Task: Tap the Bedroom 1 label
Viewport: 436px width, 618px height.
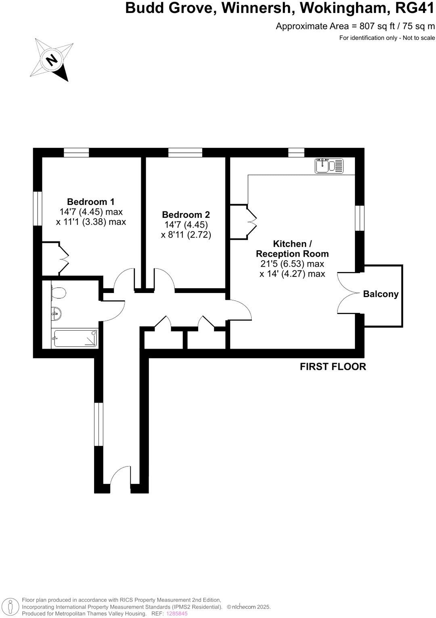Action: click(x=91, y=202)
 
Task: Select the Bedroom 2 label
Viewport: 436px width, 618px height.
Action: click(x=186, y=215)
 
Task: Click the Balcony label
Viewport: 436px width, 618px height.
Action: click(x=381, y=294)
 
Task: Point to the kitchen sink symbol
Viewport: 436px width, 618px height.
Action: click(x=329, y=166)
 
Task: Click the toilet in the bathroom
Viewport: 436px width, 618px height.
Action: click(x=58, y=293)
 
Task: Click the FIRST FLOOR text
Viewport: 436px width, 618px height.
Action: click(x=333, y=367)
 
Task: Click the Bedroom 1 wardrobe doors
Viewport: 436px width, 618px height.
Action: click(x=64, y=259)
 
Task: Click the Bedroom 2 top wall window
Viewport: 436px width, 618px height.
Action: click(x=185, y=152)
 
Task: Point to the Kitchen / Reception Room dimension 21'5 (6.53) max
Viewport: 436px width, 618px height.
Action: click(x=292, y=264)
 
